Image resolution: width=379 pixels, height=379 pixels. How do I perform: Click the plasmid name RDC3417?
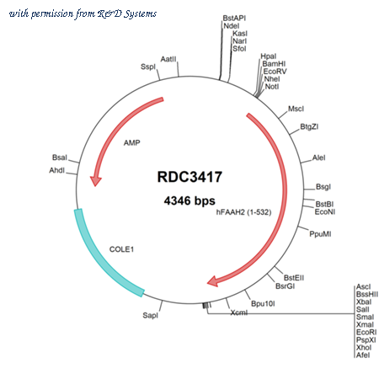pyautogui.click(x=189, y=177)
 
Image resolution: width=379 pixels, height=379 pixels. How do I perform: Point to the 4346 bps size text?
pyautogui.click(x=189, y=200)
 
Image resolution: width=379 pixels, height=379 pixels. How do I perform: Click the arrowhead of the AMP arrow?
pyautogui.click(x=95, y=181)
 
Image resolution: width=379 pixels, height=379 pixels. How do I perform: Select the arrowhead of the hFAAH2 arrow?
pyautogui.click(x=213, y=281)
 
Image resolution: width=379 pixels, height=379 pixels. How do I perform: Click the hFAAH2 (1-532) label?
pyautogui.click(x=243, y=212)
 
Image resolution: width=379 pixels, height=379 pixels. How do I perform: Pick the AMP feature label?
pyautogui.click(x=132, y=143)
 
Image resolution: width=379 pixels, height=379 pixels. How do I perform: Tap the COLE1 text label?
pyautogui.click(x=121, y=249)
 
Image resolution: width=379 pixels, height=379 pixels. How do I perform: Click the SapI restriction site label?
pyautogui.click(x=151, y=316)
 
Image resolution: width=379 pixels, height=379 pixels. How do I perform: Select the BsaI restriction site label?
pyautogui.click(x=60, y=157)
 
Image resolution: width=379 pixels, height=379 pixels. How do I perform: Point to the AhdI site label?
pyautogui.click(x=57, y=170)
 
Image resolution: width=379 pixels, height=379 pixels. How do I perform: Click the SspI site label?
pyautogui.click(x=148, y=67)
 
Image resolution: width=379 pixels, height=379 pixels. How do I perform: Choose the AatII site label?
pyautogui.click(x=168, y=59)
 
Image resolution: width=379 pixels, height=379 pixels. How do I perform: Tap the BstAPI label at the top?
pyautogui.click(x=234, y=19)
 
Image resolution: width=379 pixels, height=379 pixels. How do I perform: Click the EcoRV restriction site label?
pyautogui.click(x=275, y=72)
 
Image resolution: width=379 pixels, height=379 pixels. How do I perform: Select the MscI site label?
pyautogui.click(x=296, y=109)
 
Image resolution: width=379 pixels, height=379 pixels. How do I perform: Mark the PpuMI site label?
pyautogui.click(x=320, y=234)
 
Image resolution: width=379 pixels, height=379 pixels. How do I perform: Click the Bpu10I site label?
pyautogui.click(x=263, y=304)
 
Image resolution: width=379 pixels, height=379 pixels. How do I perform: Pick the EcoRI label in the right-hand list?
pyautogui.click(x=366, y=333)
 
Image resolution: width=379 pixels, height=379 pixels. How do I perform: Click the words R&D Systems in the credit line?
pyautogui.click(x=127, y=13)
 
